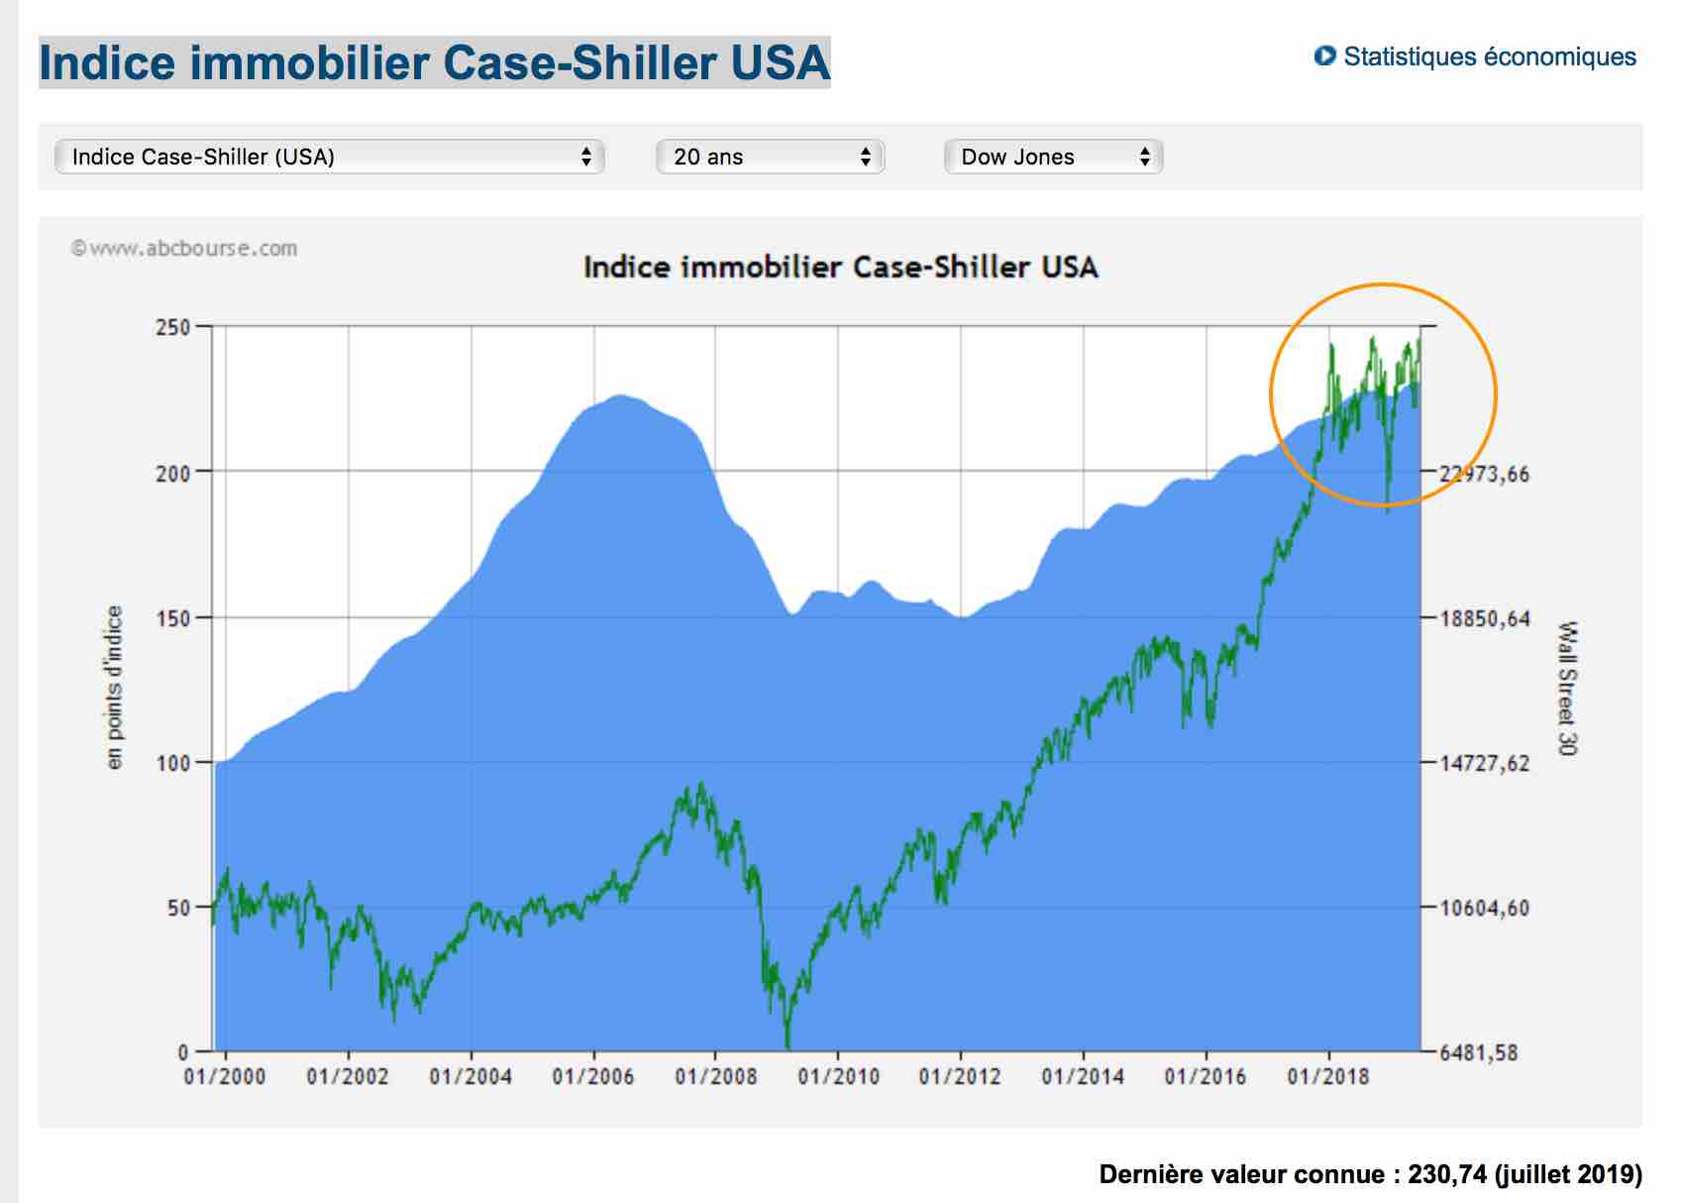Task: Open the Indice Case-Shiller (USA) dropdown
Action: [x=329, y=157]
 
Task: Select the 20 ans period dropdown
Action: [x=770, y=157]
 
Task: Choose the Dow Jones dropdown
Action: [x=1053, y=157]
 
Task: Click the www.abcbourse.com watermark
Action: [x=184, y=249]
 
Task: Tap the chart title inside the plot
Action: [x=840, y=267]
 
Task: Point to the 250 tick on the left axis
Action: [x=173, y=327]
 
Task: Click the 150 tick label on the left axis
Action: [x=173, y=617]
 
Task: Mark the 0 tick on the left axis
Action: [x=183, y=1051]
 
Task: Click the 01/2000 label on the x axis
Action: [x=225, y=1076]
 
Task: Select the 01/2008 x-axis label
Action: [x=715, y=1076]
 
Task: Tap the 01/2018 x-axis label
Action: [x=1327, y=1076]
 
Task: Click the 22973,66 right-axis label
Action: [x=1484, y=474]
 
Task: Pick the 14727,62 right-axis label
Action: [x=1484, y=763]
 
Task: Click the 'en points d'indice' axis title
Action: [x=115, y=687]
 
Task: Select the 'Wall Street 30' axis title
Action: [x=1566, y=688]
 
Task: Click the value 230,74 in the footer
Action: [x=1447, y=1174]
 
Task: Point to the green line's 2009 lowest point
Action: [x=788, y=1045]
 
